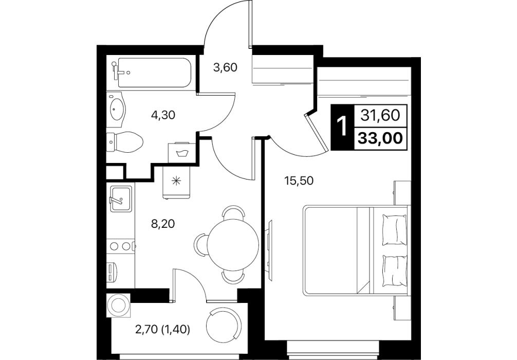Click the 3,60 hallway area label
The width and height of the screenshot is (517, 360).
click(225, 68)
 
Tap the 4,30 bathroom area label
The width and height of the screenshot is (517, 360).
click(162, 115)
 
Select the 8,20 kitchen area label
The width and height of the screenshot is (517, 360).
click(162, 224)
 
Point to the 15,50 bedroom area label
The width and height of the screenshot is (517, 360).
click(299, 181)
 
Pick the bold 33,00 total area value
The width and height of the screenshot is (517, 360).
click(380, 138)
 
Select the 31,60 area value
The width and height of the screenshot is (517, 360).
click(380, 116)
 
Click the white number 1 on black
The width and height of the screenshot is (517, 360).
click(342, 127)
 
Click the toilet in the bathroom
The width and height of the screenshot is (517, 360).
click(125, 142)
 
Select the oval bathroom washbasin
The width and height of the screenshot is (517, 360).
click(117, 109)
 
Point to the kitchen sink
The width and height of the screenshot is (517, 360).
click(120, 199)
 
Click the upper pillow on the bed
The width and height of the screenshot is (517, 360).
click(394, 230)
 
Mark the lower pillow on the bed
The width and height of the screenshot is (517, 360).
click(394, 271)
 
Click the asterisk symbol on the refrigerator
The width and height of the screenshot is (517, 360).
click(177, 180)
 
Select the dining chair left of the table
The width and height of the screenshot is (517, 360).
click(201, 245)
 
